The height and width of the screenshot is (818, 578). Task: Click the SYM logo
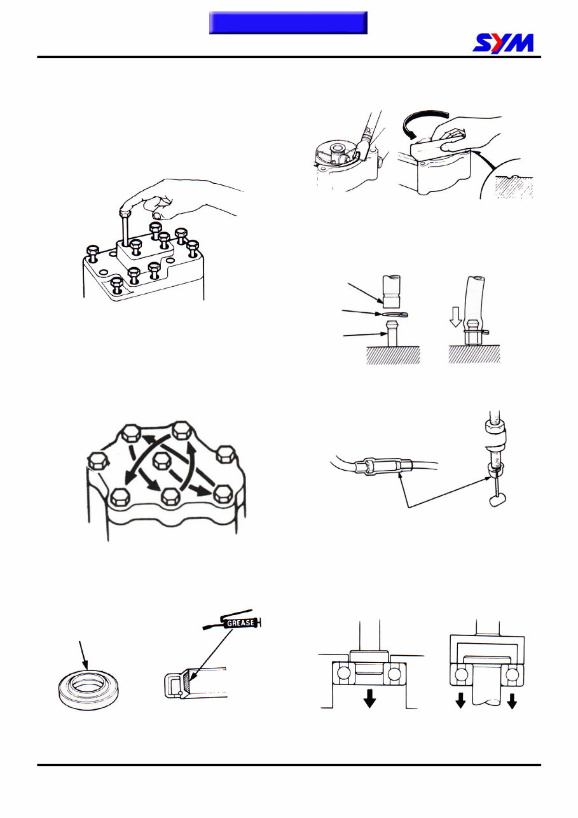pos(503,43)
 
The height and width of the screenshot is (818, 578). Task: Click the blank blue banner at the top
pos(288,23)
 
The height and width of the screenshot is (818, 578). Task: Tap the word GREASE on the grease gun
pos(240,623)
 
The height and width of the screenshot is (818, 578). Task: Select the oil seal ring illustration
pos(90,690)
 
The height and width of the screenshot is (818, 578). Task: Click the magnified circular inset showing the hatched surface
pos(507,179)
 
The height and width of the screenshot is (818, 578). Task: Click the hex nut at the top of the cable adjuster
pos(495,426)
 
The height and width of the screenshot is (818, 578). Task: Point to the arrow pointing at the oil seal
pos(83,655)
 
